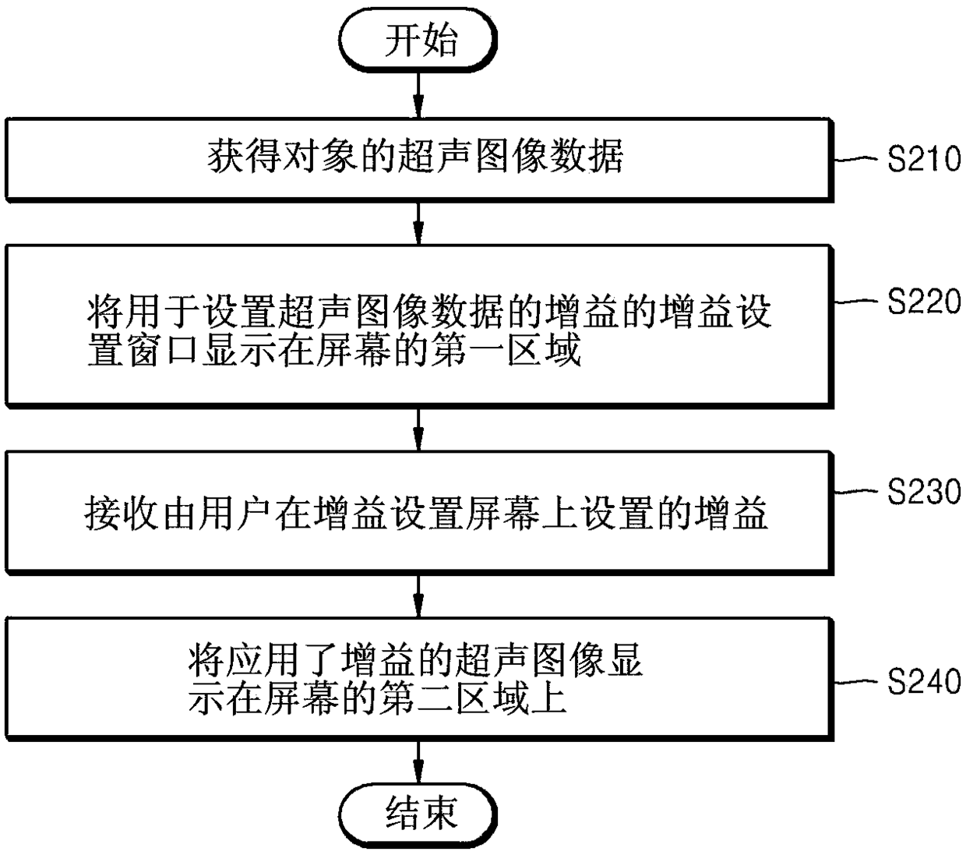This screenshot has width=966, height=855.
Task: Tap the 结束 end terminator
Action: click(420, 814)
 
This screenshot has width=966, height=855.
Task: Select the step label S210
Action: click(924, 160)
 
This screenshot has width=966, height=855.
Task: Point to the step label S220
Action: click(924, 301)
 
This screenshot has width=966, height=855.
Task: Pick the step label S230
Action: click(924, 492)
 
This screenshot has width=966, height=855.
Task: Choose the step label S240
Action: click(924, 682)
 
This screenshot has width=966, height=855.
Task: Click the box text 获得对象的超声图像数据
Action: click(415, 157)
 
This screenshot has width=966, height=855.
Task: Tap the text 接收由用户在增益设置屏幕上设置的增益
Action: click(426, 513)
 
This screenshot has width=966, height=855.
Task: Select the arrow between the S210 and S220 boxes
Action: click(419, 223)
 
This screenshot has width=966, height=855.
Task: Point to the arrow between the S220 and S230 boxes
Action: click(419, 427)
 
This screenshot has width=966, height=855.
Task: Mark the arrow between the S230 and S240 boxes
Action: click(419, 596)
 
